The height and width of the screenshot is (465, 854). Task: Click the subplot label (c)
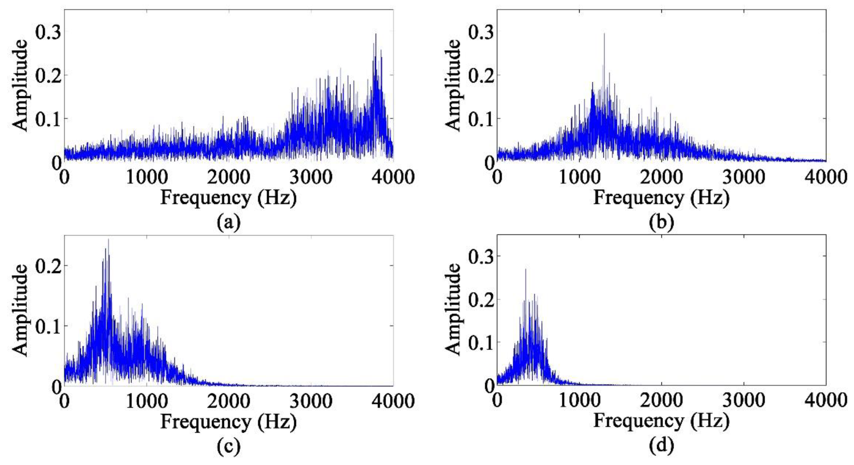pos(228,446)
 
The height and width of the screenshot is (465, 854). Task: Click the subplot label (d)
pos(661,446)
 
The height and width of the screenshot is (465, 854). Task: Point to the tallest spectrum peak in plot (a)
pos(376,34)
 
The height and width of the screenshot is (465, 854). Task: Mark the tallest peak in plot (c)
pos(109,240)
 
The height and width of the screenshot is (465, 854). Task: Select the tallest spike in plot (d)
pos(526,269)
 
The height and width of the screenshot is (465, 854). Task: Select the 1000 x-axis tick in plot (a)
pos(147,177)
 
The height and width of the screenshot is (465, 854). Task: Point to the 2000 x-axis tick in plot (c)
pos(229,401)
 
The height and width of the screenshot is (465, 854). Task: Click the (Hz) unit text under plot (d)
pos(710,422)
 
